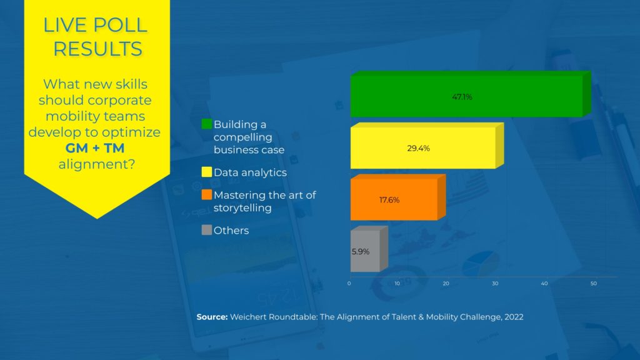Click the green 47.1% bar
click(471, 94)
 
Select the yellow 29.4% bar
click(427, 146)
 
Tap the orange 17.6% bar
click(398, 197)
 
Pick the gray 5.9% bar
click(369, 249)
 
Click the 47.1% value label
click(462, 97)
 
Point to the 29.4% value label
click(418, 148)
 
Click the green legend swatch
click(207, 124)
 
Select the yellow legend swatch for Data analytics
click(207, 172)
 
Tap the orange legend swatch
click(207, 195)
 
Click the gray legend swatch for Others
click(207, 230)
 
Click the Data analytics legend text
click(250, 172)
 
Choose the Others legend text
click(231, 230)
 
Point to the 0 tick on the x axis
click(349, 283)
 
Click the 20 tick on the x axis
click(446, 283)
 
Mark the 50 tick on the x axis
click(594, 283)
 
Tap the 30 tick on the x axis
click(495, 283)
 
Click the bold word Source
click(212, 317)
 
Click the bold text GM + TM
click(95, 147)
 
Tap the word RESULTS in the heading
click(97, 49)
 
